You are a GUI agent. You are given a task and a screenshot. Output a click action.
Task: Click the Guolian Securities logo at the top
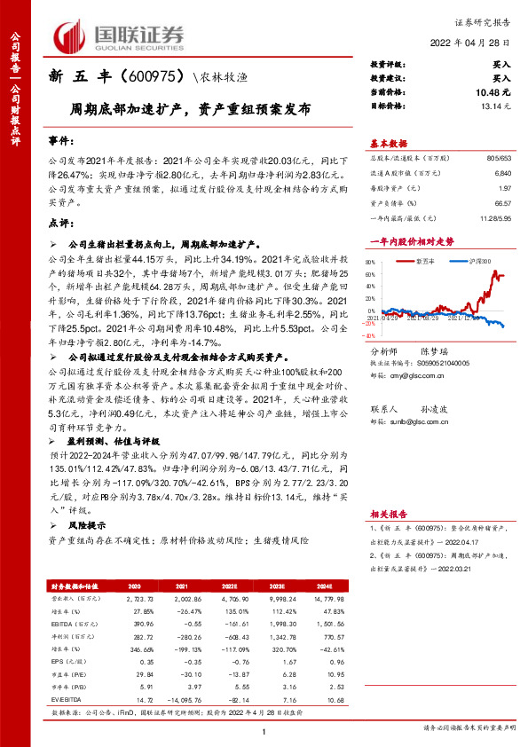click(121, 35)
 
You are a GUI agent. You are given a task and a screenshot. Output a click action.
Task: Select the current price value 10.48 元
click(493, 92)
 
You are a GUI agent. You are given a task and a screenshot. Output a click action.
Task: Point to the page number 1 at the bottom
click(264, 729)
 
